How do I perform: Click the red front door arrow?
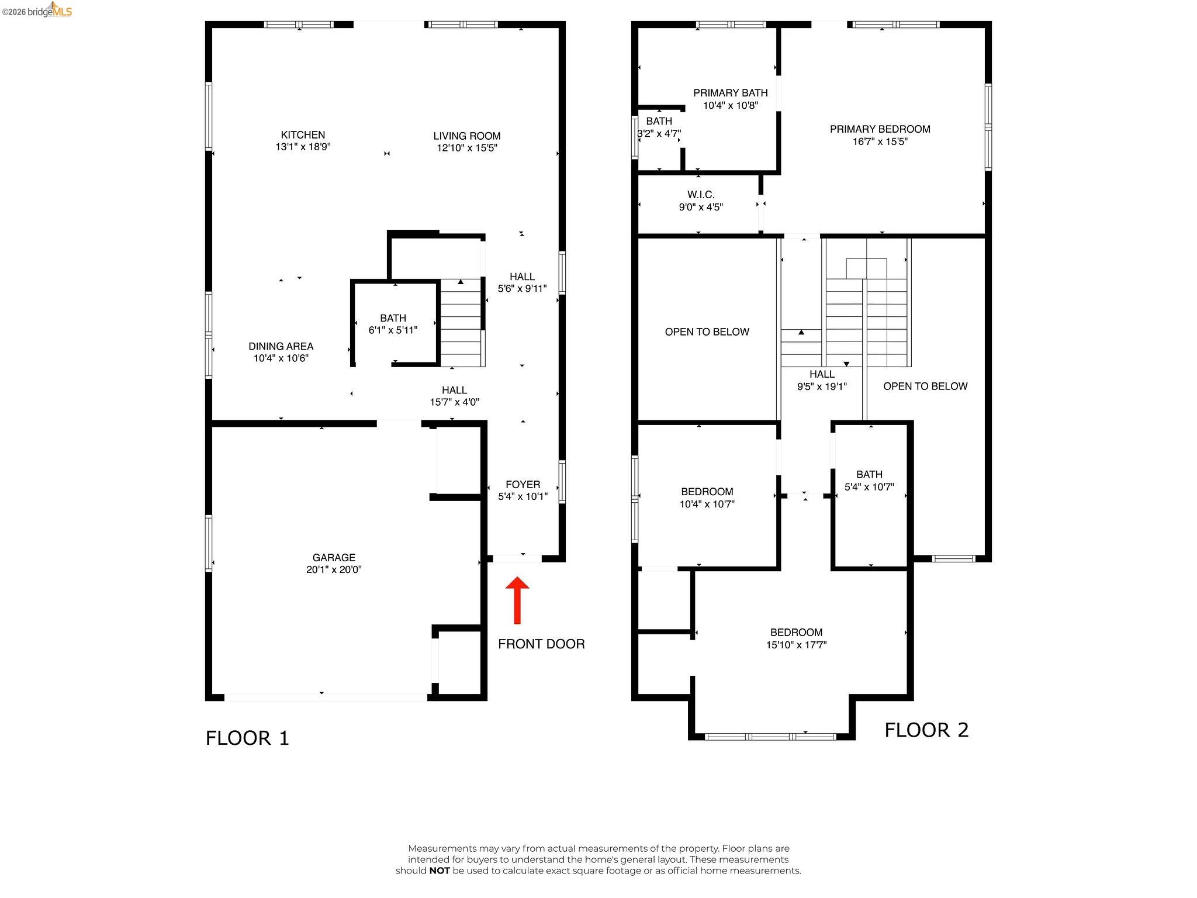point(517,600)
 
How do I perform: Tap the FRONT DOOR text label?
point(541,644)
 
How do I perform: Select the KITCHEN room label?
point(303,135)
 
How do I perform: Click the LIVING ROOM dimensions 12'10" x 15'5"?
point(467,148)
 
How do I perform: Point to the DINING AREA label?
point(281,346)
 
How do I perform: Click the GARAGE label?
point(334,558)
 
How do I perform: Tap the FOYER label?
point(523,485)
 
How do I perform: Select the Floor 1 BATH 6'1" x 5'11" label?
point(393,324)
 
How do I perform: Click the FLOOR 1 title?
point(247,738)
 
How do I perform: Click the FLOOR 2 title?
point(926,730)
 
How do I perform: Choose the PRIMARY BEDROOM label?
point(880,129)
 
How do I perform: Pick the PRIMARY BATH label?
point(730,93)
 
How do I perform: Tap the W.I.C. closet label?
point(701,195)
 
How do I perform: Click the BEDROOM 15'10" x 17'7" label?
point(796,638)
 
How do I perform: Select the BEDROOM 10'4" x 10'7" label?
point(707,498)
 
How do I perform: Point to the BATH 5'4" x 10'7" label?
point(869,480)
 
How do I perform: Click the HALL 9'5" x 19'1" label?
point(822,380)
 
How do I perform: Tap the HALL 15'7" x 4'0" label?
point(454,396)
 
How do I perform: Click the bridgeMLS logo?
point(37,11)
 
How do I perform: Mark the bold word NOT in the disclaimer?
point(440,871)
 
